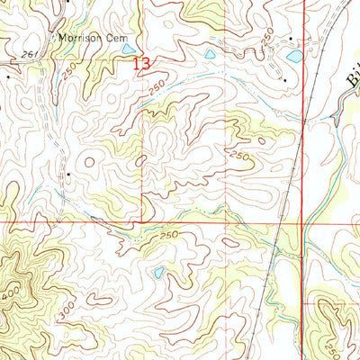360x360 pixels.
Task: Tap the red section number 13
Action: [x=139, y=64]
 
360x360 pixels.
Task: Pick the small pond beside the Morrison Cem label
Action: [x=129, y=49]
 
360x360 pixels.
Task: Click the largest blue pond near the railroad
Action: [x=292, y=57]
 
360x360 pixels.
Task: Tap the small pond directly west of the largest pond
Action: [x=211, y=55]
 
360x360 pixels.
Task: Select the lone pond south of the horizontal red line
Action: [x=158, y=271]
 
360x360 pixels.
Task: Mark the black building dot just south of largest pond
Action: [x=284, y=79]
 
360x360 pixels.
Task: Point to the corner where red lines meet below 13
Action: [x=141, y=221]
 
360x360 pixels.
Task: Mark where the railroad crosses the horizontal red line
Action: [x=280, y=221]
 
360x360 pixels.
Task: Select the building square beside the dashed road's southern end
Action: [x=67, y=169]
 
